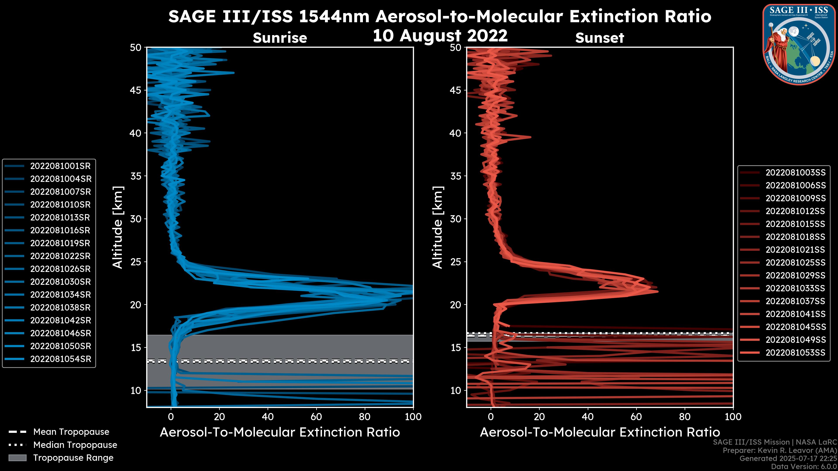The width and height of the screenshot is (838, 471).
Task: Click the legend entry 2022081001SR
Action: pyautogui.click(x=60, y=166)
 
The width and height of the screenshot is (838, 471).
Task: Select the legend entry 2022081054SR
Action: pyautogui.click(x=60, y=359)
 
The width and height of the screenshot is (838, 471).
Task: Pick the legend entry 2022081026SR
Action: pyautogui.click(x=60, y=269)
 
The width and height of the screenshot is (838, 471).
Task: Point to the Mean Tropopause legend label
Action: pyautogui.click(x=71, y=432)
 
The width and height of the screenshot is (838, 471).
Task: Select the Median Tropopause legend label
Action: pyautogui.click(x=75, y=445)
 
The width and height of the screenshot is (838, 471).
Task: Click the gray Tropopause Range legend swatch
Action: pyautogui.click(x=17, y=458)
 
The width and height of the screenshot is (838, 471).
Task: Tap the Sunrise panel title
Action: pyautogui.click(x=280, y=38)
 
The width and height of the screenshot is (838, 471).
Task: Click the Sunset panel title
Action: pyautogui.click(x=599, y=38)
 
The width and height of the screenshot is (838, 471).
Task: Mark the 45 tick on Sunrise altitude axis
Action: pyautogui.click(x=136, y=90)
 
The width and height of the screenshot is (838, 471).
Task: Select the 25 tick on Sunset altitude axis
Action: pyautogui.click(x=456, y=262)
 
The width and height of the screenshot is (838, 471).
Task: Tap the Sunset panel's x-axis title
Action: pyautogui.click(x=599, y=433)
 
